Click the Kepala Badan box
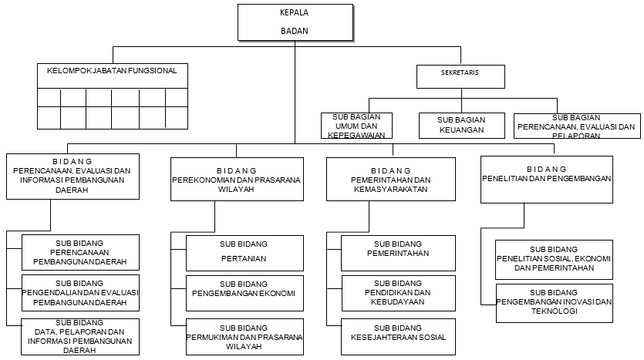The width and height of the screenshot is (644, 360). tap(296, 22)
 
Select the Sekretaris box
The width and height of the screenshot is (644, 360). tap(461, 76)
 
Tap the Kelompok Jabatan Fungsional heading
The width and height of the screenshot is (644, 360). tap(113, 71)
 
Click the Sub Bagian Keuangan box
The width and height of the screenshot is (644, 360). tap(461, 125)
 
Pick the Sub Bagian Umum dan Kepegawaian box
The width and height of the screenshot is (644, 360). tap(356, 125)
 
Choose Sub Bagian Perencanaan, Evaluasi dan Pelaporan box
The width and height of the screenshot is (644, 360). tap(576, 126)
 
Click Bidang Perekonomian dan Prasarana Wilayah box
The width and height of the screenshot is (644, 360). tap(236, 178)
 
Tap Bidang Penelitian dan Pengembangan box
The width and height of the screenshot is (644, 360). tap(546, 179)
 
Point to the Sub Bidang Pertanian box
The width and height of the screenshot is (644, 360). tap(243, 251)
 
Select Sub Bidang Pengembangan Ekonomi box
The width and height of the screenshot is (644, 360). tap(243, 293)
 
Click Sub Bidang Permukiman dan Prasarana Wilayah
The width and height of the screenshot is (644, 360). tap(243, 337)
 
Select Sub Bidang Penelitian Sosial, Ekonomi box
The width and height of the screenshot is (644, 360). tap(555, 259)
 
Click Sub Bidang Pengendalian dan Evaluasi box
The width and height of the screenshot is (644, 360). tap(81, 293)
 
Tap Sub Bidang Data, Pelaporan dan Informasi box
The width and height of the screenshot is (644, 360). tap(81, 336)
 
